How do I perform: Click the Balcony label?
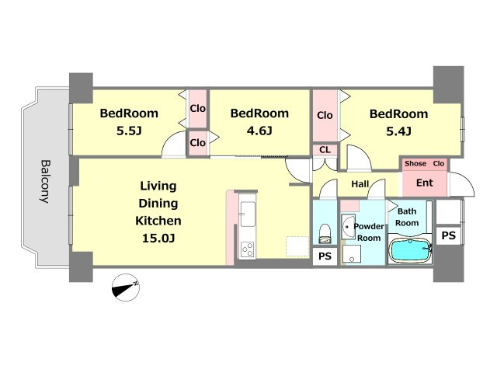click(46, 181)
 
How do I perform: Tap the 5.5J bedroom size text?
click(129, 131)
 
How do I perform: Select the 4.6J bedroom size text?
click(259, 131)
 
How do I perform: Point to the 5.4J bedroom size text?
click(398, 131)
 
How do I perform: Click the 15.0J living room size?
click(158, 238)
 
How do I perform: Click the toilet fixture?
click(325, 234)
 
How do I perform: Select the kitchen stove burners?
click(248, 249)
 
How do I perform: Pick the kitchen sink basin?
click(248, 214)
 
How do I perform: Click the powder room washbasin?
click(348, 226)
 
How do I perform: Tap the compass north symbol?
click(126, 288)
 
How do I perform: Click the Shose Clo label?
click(425, 164)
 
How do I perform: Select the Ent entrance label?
click(425, 183)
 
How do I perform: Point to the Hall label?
click(360, 184)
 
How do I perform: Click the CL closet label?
click(325, 150)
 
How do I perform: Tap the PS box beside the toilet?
click(325, 256)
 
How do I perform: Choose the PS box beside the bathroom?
click(449, 235)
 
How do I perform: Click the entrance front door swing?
click(461, 185)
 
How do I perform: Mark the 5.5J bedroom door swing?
click(174, 145)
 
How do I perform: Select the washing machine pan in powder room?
click(352, 254)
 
